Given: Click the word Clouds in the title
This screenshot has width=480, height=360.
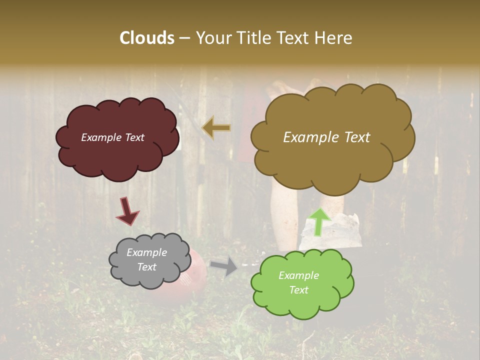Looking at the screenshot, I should (147, 38).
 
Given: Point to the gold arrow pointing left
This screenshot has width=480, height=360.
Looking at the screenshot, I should (216, 128).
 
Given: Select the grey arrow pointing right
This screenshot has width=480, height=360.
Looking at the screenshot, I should (224, 266).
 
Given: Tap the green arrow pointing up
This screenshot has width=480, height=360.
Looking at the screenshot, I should (319, 221).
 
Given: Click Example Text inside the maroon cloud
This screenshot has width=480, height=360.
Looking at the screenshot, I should (112, 137).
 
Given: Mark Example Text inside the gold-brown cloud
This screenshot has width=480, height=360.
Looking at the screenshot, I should (326, 137).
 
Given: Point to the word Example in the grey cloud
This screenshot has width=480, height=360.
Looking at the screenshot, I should (146, 253).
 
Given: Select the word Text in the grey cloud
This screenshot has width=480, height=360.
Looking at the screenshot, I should (146, 267).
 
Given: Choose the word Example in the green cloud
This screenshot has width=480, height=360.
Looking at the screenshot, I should (298, 275).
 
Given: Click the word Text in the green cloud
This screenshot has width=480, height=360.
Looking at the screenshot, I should (298, 290).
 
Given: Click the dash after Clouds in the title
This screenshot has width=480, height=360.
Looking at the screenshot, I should (184, 38).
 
